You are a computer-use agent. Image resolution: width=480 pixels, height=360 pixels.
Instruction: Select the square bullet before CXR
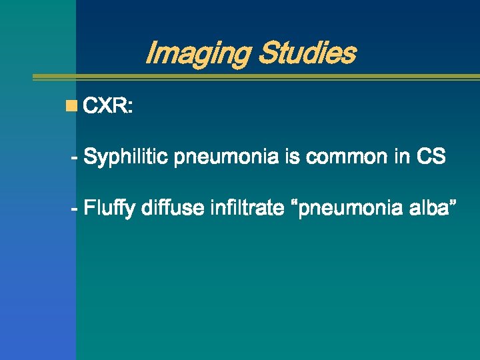[x=71, y=105]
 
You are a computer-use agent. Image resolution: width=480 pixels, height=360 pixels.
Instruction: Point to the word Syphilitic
[x=127, y=158]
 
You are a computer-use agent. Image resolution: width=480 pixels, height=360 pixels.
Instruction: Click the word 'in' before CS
[x=401, y=158]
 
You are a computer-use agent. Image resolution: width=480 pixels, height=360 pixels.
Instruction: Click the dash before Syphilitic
[x=75, y=159]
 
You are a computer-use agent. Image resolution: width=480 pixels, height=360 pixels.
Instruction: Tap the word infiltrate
[x=246, y=209]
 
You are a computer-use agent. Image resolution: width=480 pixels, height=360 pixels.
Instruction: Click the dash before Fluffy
[x=75, y=209]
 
